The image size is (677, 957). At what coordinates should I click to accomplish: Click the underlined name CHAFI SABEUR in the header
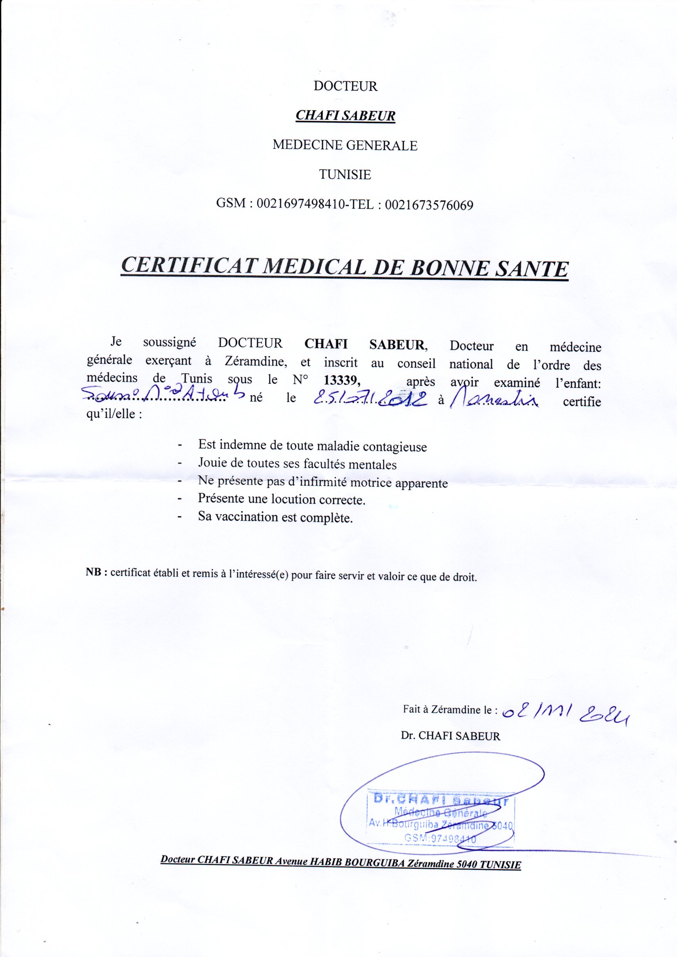345,115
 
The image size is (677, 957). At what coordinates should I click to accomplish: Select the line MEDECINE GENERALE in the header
345,145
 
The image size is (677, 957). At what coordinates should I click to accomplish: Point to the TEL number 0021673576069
429,205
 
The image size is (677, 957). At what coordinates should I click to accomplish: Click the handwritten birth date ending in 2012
370,400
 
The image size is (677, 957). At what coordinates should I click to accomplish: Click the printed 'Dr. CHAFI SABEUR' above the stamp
450,736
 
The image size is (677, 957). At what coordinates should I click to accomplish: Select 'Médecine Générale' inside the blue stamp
441,813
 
